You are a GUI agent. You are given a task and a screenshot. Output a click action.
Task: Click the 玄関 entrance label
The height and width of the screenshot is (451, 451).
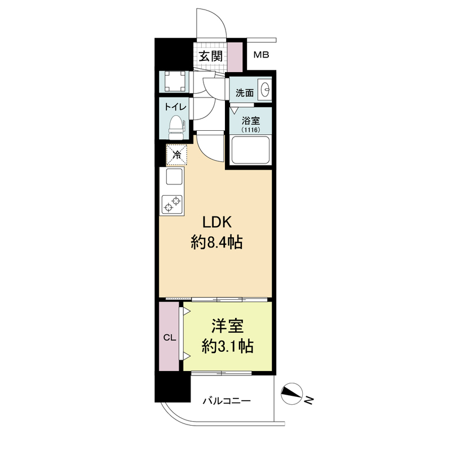click(x=211, y=56)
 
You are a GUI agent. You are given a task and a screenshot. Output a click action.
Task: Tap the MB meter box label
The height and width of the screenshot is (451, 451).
click(x=261, y=55)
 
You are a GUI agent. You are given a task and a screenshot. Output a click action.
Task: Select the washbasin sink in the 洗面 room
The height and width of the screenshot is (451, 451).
click(x=265, y=89)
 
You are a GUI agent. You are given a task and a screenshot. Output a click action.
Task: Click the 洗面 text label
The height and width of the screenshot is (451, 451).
click(x=245, y=92)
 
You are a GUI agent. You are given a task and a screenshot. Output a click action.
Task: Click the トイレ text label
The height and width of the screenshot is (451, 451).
click(x=175, y=107)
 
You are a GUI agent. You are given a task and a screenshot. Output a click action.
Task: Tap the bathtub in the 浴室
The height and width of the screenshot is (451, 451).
click(x=250, y=150)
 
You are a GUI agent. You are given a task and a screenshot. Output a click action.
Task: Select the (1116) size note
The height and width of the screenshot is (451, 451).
click(x=251, y=130)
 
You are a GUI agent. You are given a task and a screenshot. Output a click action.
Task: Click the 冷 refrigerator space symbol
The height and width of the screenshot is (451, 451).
click(x=176, y=155)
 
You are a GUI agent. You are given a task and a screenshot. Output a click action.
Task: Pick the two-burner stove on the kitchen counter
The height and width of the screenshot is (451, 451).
click(x=172, y=204)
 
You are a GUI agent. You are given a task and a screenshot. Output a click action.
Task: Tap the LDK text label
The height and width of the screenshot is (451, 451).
click(x=217, y=222)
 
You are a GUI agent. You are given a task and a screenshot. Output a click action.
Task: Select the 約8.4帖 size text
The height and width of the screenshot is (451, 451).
click(x=217, y=242)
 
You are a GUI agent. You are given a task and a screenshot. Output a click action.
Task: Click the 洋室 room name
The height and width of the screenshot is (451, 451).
click(x=227, y=326)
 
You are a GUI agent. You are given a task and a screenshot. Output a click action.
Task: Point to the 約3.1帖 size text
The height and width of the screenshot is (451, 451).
click(x=227, y=346)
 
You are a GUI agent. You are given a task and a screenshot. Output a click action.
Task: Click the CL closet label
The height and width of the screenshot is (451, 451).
click(x=170, y=338)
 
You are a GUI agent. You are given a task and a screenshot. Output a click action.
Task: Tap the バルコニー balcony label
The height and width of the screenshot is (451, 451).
click(x=227, y=401)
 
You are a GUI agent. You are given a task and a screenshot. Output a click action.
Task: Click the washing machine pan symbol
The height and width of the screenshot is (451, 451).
click(x=175, y=82)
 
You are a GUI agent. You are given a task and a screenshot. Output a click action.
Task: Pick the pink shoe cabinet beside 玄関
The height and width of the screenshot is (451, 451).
click(x=235, y=58)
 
